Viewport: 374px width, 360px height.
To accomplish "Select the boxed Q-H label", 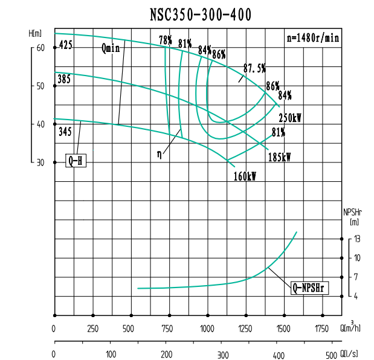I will pyautogui.click(x=76, y=161).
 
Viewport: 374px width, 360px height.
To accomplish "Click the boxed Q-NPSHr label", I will pyautogui.click(x=309, y=288).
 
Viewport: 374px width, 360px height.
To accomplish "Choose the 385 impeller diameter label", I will pyautogui.click(x=64, y=79).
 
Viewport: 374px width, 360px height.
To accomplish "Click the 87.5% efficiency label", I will pyautogui.click(x=254, y=67).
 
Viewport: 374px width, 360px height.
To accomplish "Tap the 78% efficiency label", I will pyautogui.click(x=166, y=40).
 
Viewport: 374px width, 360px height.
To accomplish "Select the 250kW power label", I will pyautogui.click(x=290, y=117).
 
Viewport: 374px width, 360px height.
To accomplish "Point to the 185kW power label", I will pyautogui.click(x=279, y=157).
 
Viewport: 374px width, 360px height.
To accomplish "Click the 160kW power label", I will pyautogui.click(x=245, y=177).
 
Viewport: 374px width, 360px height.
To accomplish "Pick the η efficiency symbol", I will pyautogui.click(x=159, y=154).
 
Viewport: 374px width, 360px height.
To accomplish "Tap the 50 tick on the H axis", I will pyautogui.click(x=40, y=86).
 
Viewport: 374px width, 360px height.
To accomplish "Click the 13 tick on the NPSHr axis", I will pyautogui.click(x=357, y=239).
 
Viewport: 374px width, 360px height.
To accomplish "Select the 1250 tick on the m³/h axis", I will pyautogui.click(x=245, y=329).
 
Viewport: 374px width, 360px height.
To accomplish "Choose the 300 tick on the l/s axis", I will pyautogui.click(x=222, y=355).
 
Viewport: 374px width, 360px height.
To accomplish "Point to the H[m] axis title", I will pyautogui.click(x=36, y=33).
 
